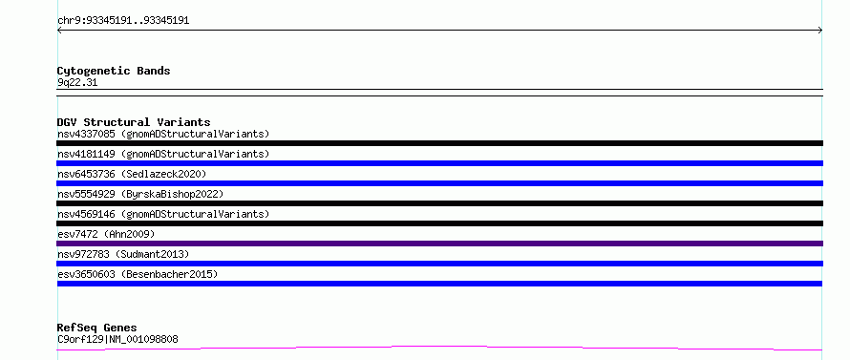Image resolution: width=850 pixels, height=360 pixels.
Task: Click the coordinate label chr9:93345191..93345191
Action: [x=123, y=21]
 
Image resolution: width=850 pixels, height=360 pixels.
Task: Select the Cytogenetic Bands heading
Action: [x=114, y=71]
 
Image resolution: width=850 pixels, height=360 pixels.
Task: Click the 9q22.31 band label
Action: [x=77, y=83]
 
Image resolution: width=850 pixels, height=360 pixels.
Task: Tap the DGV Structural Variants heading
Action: [x=134, y=122]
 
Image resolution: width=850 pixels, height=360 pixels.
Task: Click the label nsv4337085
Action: [x=86, y=134]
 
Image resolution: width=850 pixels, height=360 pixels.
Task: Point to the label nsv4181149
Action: [x=86, y=154]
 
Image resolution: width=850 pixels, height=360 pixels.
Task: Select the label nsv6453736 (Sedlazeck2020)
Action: [x=132, y=174]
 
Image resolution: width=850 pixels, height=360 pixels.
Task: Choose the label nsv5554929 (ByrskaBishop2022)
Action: [x=139, y=194]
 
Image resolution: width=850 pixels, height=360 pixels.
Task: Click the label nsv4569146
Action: [x=86, y=214]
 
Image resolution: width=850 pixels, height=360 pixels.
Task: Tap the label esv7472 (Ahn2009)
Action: [x=106, y=234]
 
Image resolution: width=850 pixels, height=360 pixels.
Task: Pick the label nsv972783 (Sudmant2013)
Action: [x=123, y=254]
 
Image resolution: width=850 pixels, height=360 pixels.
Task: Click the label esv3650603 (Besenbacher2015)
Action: [x=138, y=274]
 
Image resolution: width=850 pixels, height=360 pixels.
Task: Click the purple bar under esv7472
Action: [x=439, y=244]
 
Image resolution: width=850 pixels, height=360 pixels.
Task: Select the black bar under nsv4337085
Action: [x=439, y=143]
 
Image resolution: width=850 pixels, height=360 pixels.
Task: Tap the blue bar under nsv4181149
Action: [x=439, y=163]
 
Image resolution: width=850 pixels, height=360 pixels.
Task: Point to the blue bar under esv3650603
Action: [x=439, y=284]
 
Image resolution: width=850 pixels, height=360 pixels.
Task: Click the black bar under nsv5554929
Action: [x=439, y=203]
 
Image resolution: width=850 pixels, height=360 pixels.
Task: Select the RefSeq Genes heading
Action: [x=97, y=328]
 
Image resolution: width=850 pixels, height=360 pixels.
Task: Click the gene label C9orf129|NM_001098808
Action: [x=117, y=339]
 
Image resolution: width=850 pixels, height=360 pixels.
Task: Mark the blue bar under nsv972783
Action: [x=439, y=264]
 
